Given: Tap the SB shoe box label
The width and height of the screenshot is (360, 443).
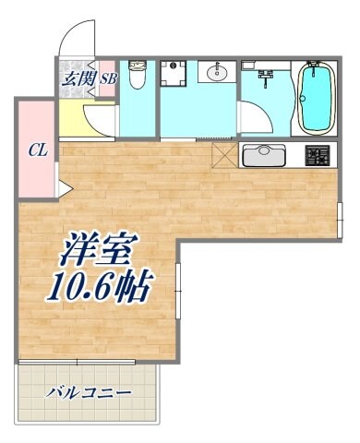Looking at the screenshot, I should tap(107, 78).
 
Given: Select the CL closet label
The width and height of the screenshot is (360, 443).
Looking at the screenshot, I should tap(37, 148).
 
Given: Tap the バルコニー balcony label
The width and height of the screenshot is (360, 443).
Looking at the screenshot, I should tap(90, 392).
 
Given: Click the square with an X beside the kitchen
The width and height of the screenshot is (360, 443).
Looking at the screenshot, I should tap(224, 154).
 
